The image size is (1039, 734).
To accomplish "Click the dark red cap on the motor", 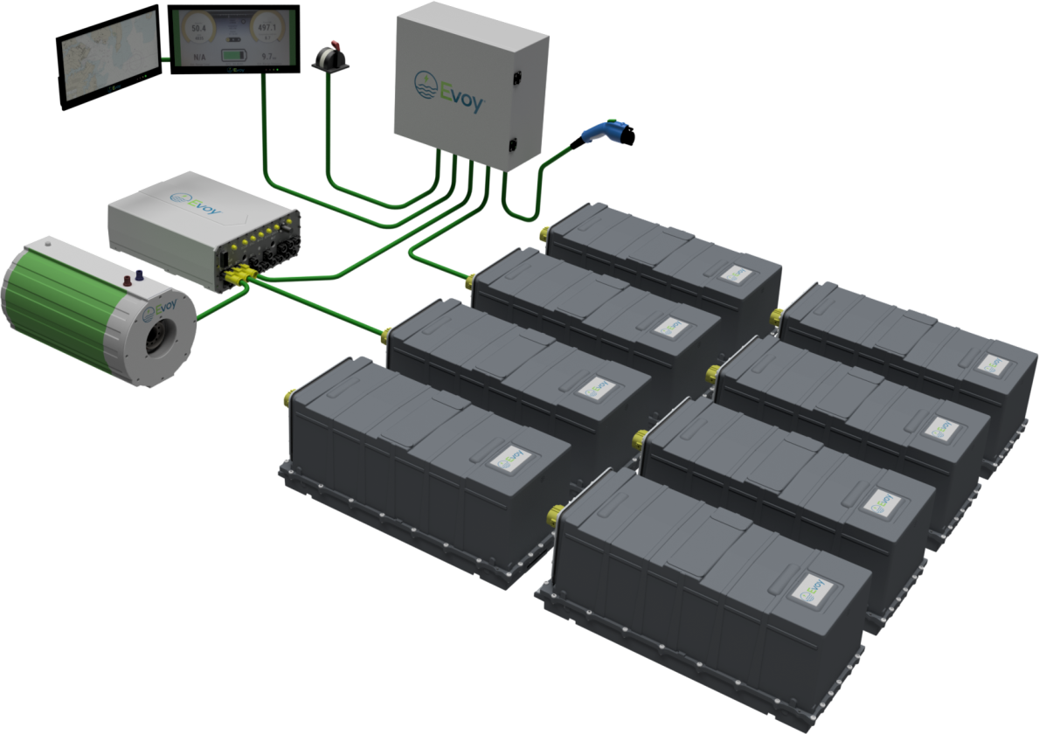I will (127, 280).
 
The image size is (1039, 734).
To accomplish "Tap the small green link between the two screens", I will (164, 59).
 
